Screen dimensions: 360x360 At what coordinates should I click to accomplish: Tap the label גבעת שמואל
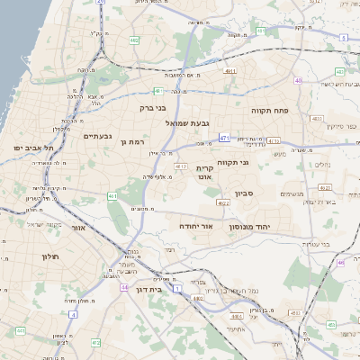pyautogui.click(x=187, y=122)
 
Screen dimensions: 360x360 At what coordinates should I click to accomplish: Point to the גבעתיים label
pyautogui.click(x=98, y=136)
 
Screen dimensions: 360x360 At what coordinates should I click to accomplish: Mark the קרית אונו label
pyautogui.click(x=205, y=173)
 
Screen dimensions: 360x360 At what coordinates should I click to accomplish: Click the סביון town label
pyautogui.click(x=246, y=193)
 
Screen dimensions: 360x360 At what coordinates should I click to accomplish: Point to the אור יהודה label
pyautogui.click(x=195, y=226)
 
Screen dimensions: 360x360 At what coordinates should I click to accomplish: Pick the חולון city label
pyautogui.click(x=49, y=256)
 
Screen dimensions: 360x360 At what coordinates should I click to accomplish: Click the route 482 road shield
pyautogui.click(x=134, y=40)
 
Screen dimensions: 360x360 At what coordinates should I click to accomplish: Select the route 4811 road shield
pyautogui.click(x=231, y=70)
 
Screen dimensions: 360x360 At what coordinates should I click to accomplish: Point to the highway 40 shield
pyautogui.click(x=298, y=80)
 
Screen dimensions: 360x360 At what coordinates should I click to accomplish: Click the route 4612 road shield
pyautogui.click(x=181, y=166)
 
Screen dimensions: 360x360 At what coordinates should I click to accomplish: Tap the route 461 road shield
pyautogui.click(x=112, y=195)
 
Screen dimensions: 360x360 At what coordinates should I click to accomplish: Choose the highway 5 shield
pyautogui.click(x=344, y=38)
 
